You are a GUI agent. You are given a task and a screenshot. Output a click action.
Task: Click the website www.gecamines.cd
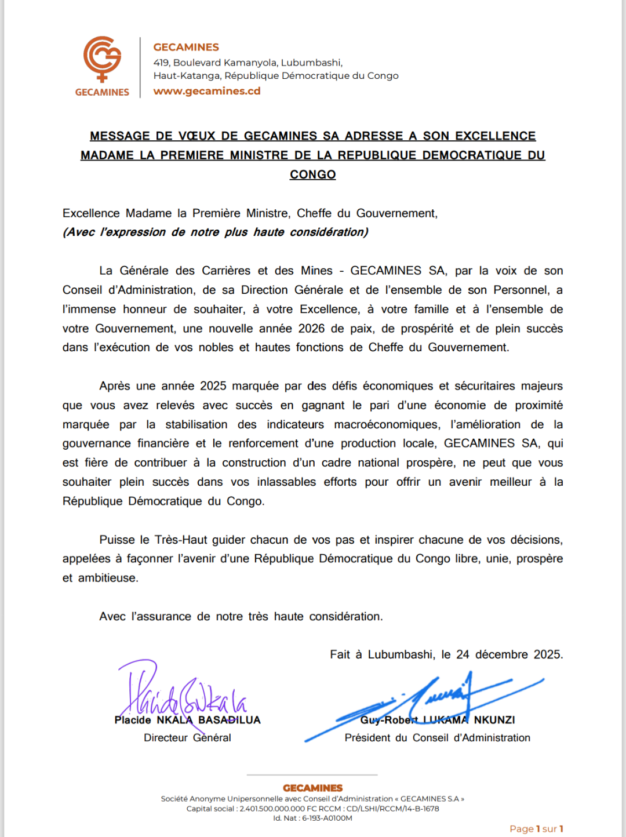pos(207,91)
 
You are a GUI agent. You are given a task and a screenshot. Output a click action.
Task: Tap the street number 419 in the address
pos(161,63)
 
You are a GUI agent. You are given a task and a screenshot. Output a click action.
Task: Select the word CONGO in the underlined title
pos(312,174)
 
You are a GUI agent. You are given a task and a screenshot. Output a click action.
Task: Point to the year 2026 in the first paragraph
pos(311,329)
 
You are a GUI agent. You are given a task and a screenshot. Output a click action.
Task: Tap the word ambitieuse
pos(108,578)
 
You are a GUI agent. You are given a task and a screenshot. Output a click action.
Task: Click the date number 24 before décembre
pos(463,654)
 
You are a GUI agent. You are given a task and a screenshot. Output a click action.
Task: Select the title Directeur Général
pos(187,738)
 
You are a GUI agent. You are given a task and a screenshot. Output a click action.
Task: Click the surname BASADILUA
pos(230,720)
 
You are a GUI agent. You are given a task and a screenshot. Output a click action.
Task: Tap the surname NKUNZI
pos(494,720)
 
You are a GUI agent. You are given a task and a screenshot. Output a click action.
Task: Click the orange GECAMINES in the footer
pos(312,788)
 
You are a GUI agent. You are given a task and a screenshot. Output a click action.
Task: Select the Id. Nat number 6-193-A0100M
pos(327,818)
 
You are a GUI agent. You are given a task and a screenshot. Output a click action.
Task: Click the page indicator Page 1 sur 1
pos(536,829)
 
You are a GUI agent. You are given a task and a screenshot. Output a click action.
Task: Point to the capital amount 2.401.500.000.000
pos(272,809)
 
